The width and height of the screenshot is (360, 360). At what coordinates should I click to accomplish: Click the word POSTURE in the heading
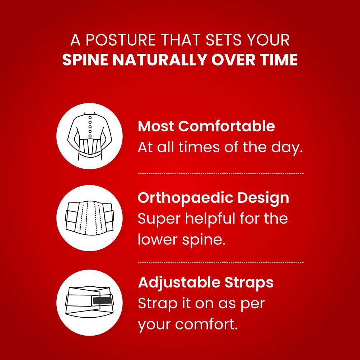(120, 40)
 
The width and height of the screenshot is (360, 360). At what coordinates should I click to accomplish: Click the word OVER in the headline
(234, 60)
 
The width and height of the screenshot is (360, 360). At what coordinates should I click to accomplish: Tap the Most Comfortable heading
(206, 126)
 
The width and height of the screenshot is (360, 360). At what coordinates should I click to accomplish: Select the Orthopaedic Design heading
(213, 198)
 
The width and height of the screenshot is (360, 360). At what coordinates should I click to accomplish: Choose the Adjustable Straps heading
(206, 283)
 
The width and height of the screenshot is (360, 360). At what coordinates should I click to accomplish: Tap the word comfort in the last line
(206, 324)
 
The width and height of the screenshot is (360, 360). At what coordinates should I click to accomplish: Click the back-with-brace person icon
(89, 136)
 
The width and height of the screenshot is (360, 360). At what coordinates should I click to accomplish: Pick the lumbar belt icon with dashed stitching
(89, 218)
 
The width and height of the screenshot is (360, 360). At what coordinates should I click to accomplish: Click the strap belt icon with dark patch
(89, 303)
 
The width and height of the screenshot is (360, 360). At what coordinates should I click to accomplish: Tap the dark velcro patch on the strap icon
(102, 300)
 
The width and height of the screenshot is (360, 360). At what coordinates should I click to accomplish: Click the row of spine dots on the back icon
(90, 126)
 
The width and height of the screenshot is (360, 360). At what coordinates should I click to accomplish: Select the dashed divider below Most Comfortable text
(221, 174)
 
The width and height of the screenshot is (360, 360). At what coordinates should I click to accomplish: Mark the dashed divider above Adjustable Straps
(221, 262)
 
